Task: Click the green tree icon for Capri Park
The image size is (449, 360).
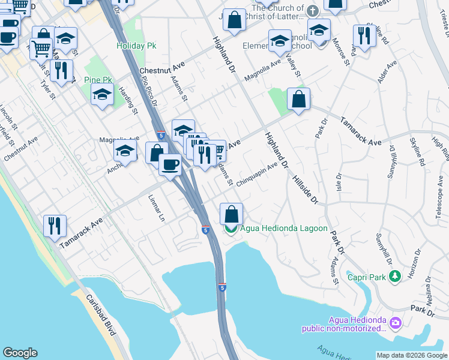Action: pyautogui.click(x=394, y=276)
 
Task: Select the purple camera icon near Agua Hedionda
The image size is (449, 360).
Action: pyautogui.click(x=395, y=323)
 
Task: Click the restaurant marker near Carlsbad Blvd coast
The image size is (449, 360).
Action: pyautogui.click(x=55, y=226)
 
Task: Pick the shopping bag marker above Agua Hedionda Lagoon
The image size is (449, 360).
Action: pyautogui.click(x=231, y=213)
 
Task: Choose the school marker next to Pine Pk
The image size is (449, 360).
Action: pyautogui.click(x=103, y=94)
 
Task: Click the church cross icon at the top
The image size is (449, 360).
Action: pyautogui.click(x=312, y=11)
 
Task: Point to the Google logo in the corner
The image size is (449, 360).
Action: pyautogui.click(x=20, y=353)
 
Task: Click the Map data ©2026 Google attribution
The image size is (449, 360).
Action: pyautogui.click(x=412, y=355)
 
